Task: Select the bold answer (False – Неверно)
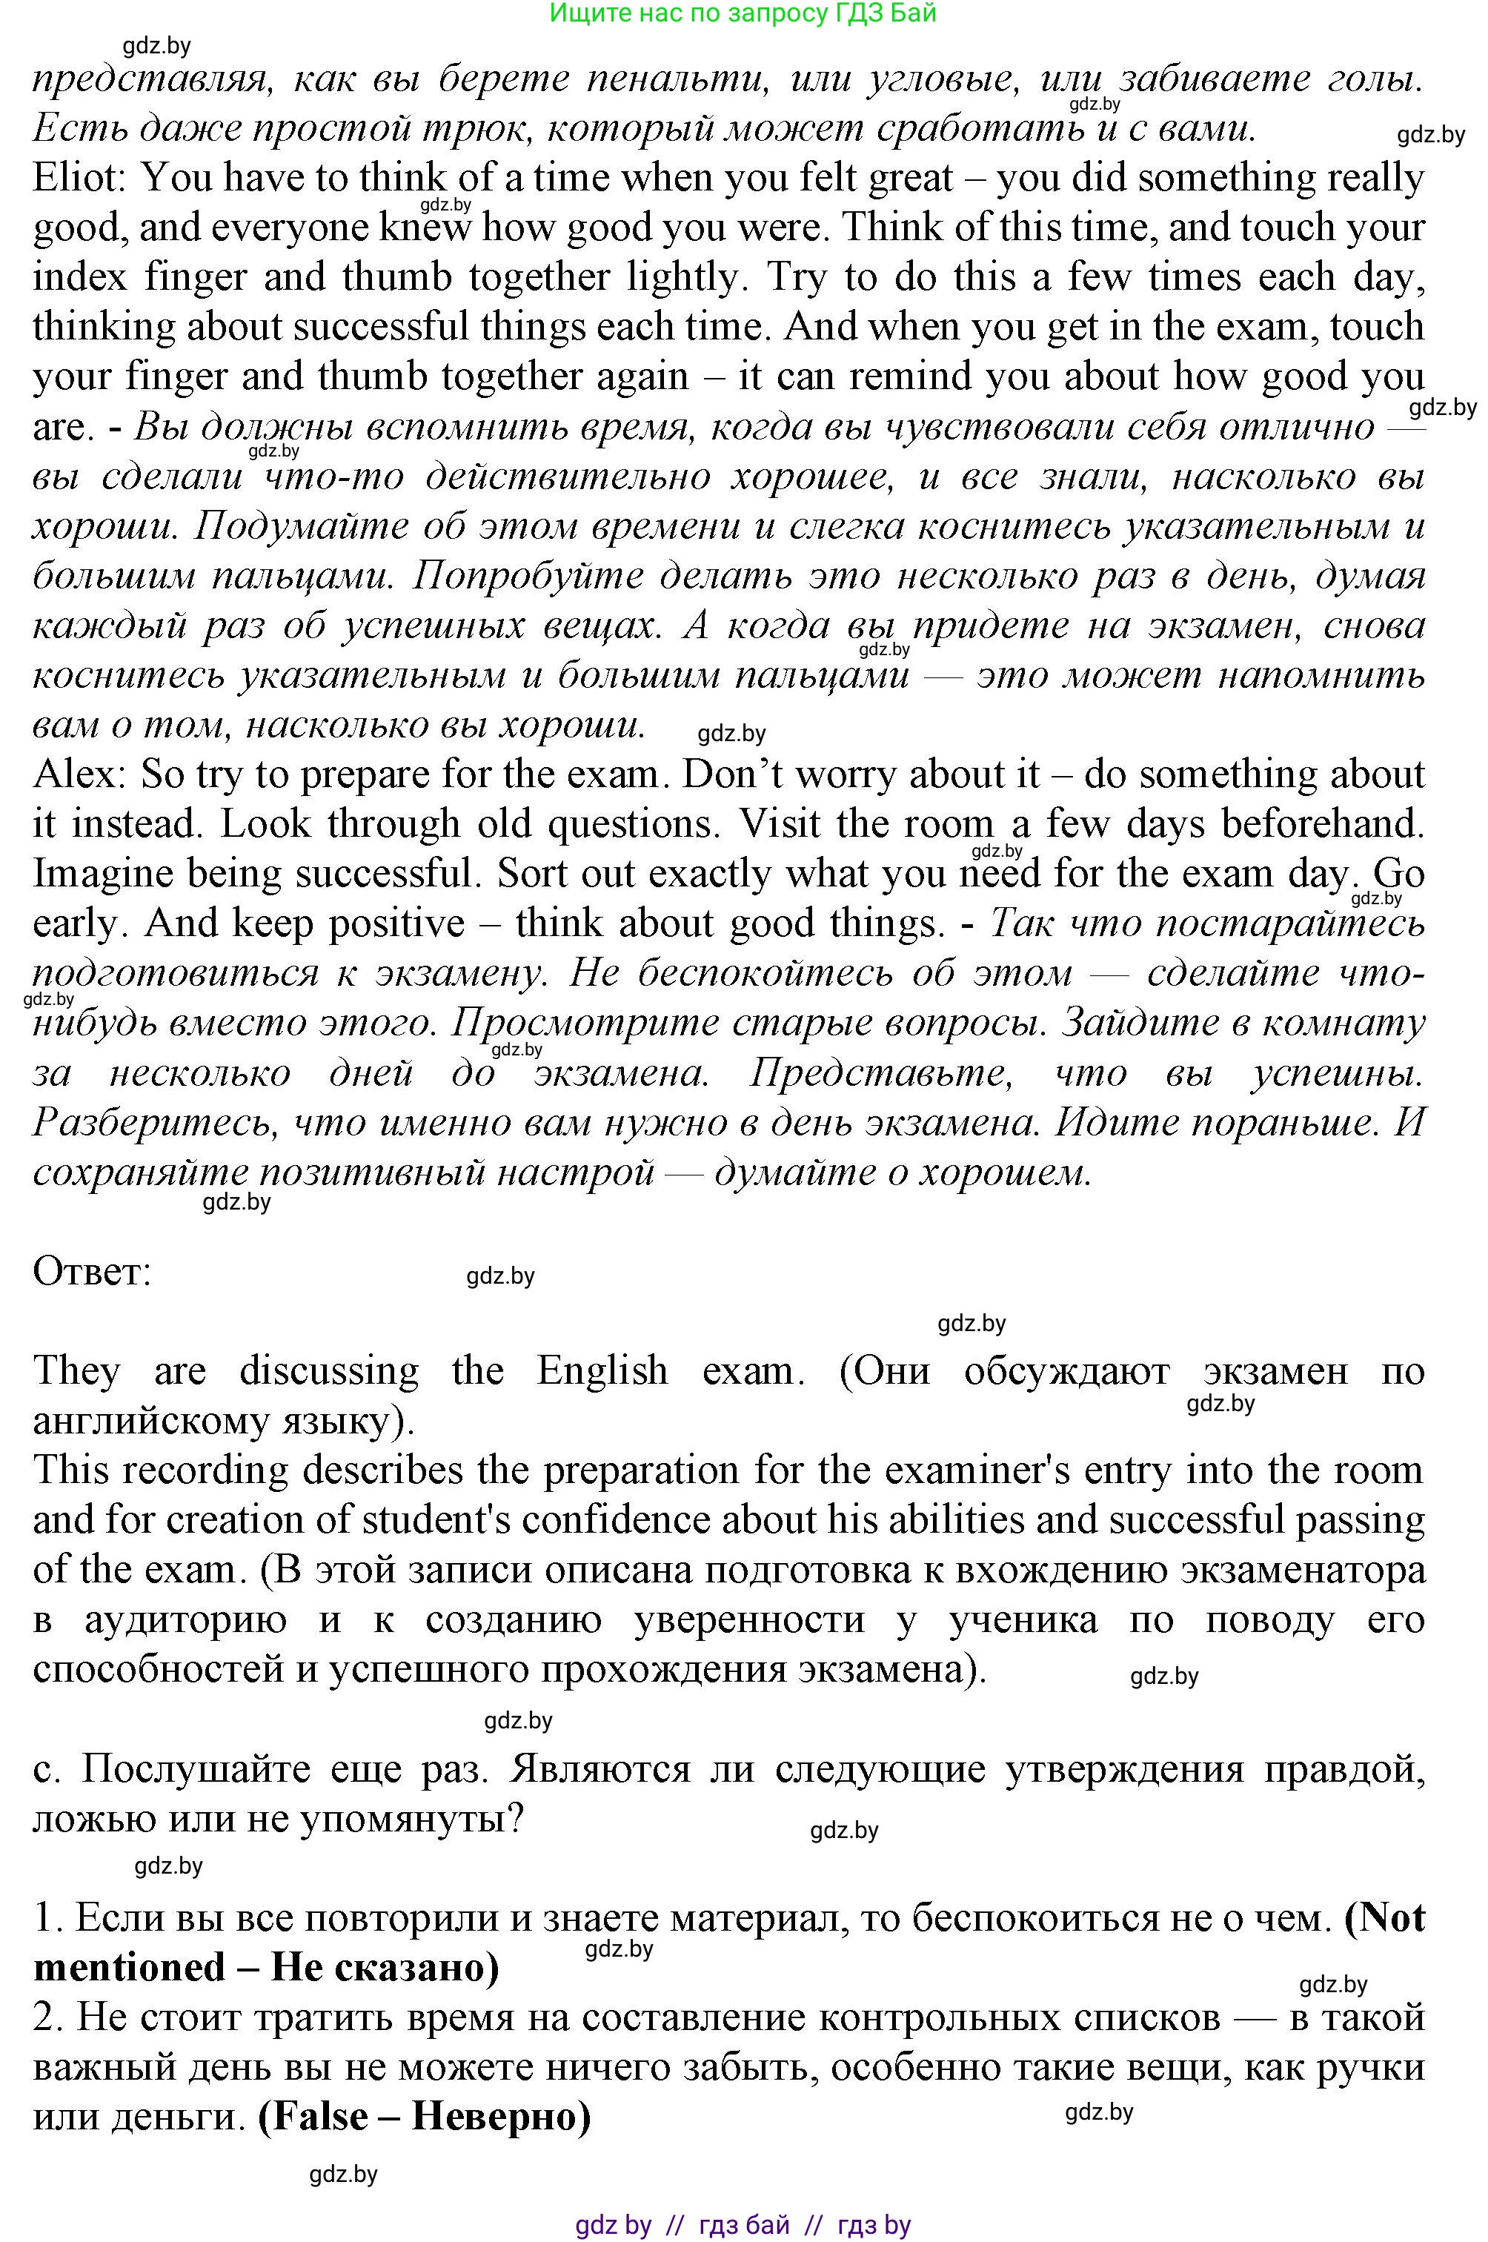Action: [424, 2117]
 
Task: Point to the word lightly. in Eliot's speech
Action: [685, 277]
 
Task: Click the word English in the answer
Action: [602, 1370]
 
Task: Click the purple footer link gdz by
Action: [613, 2225]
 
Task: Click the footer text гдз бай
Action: [743, 2225]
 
